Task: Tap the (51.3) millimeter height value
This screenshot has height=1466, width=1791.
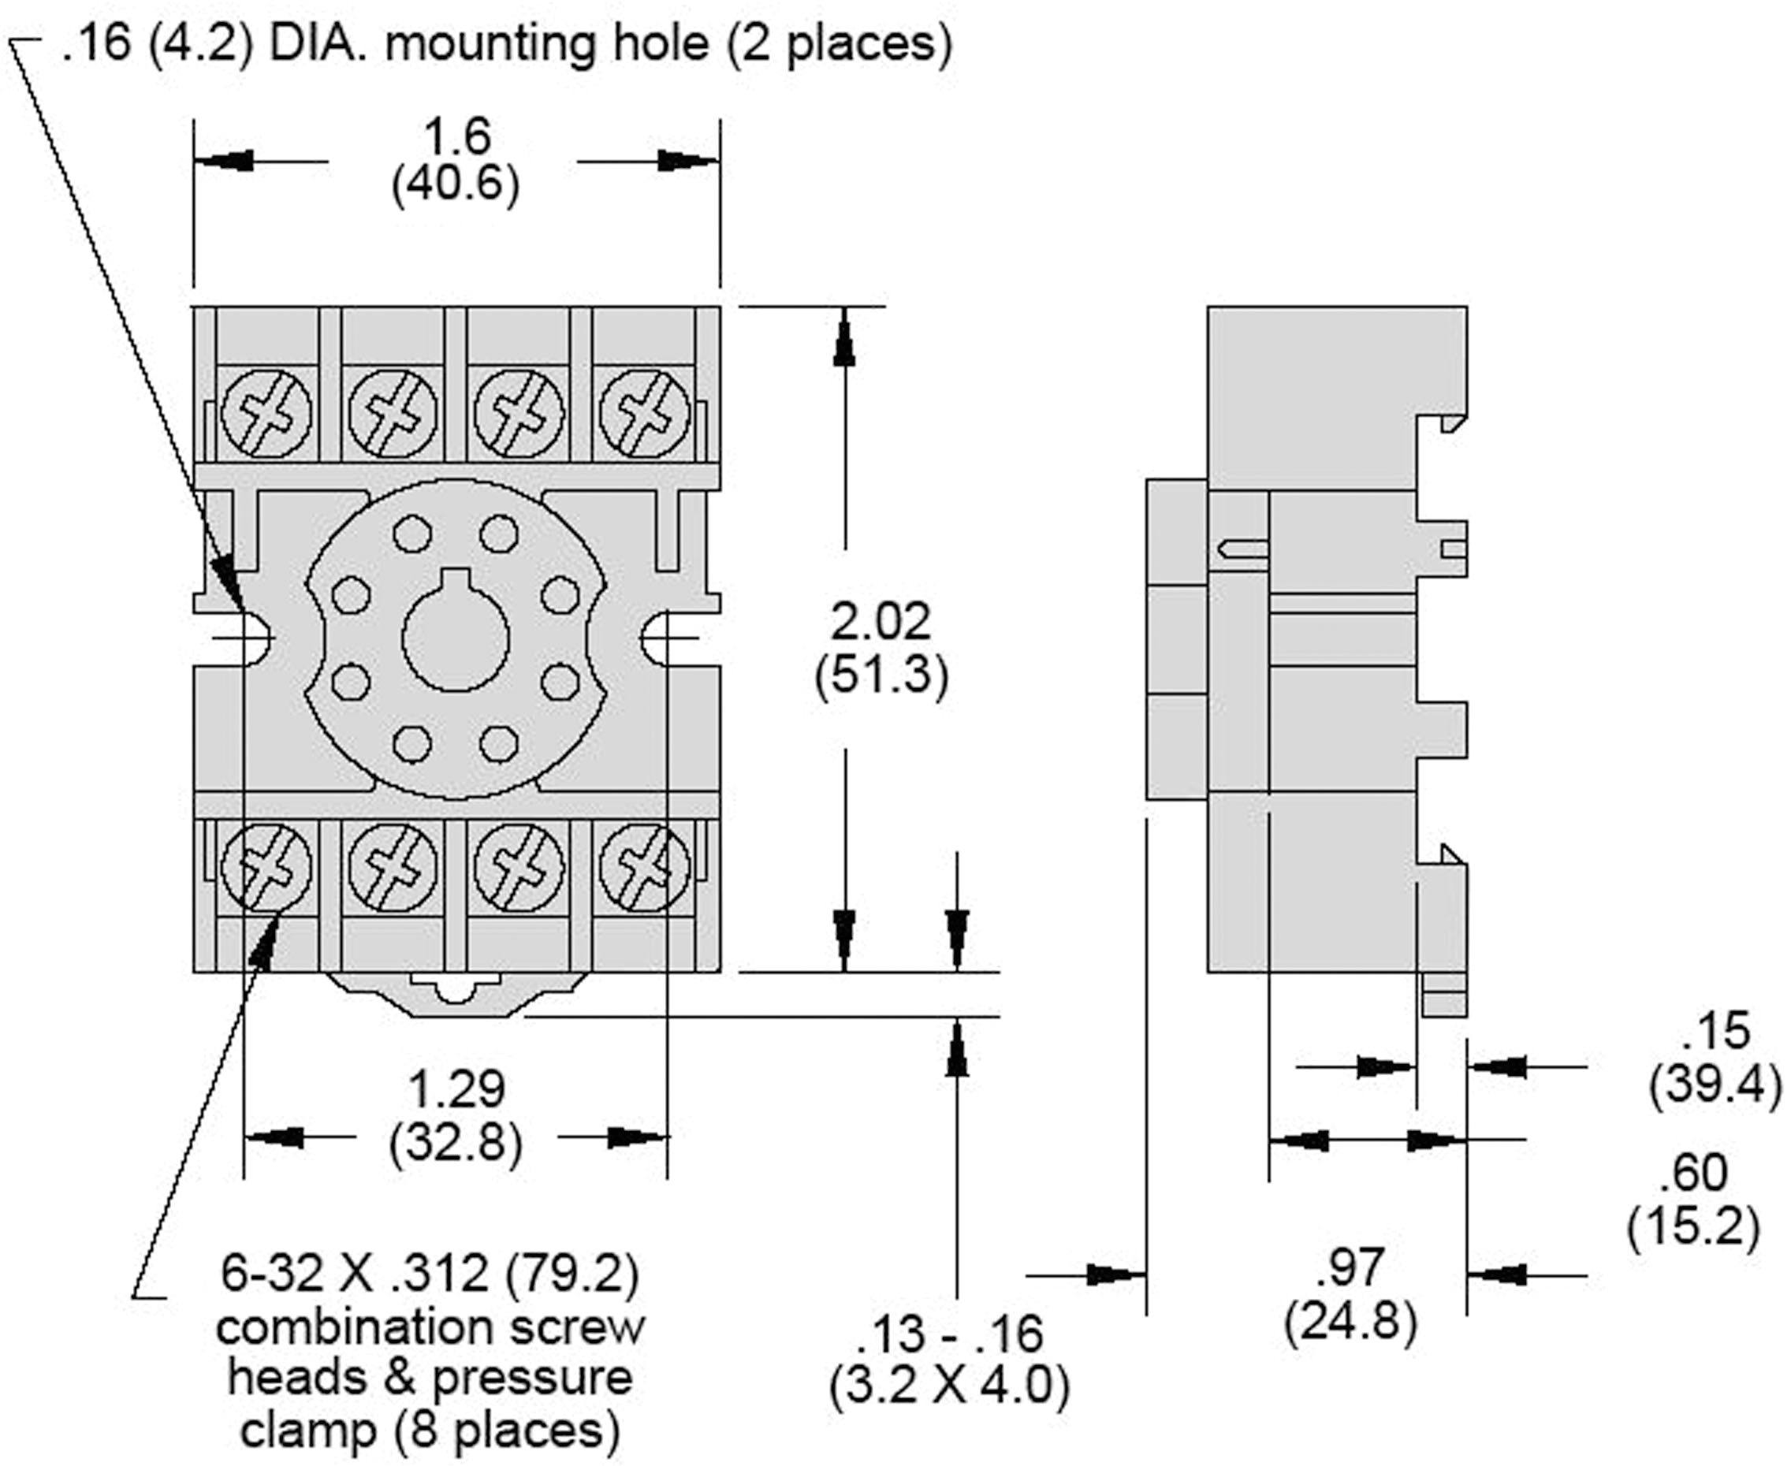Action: (x=881, y=675)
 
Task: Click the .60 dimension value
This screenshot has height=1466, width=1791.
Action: (x=1693, y=1173)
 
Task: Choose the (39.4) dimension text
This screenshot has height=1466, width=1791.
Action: (x=1715, y=1084)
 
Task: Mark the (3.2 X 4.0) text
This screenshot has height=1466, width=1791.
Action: (x=948, y=1386)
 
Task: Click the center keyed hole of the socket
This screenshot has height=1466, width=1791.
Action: (x=455, y=637)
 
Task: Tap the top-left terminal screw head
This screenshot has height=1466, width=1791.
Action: (x=266, y=415)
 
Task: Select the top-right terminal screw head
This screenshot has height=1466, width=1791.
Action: (x=644, y=415)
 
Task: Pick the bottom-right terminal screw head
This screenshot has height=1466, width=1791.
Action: (x=644, y=868)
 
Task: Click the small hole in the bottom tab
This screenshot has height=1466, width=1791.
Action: (x=456, y=991)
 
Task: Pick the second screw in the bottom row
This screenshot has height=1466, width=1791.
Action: (x=393, y=868)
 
